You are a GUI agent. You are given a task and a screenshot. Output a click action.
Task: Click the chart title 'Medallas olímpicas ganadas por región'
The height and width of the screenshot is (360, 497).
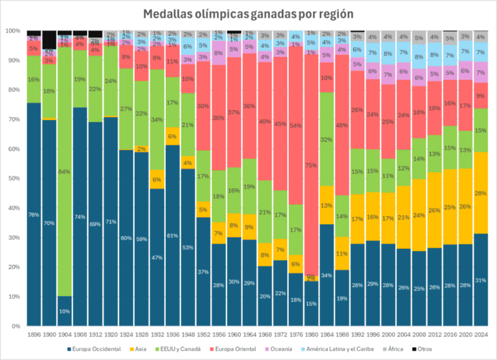coord(248,14)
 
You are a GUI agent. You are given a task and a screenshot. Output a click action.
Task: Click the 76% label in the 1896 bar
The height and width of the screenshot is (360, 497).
coord(34,215)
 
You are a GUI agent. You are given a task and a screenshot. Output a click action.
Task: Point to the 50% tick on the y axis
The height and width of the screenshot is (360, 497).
coord(12,178)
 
